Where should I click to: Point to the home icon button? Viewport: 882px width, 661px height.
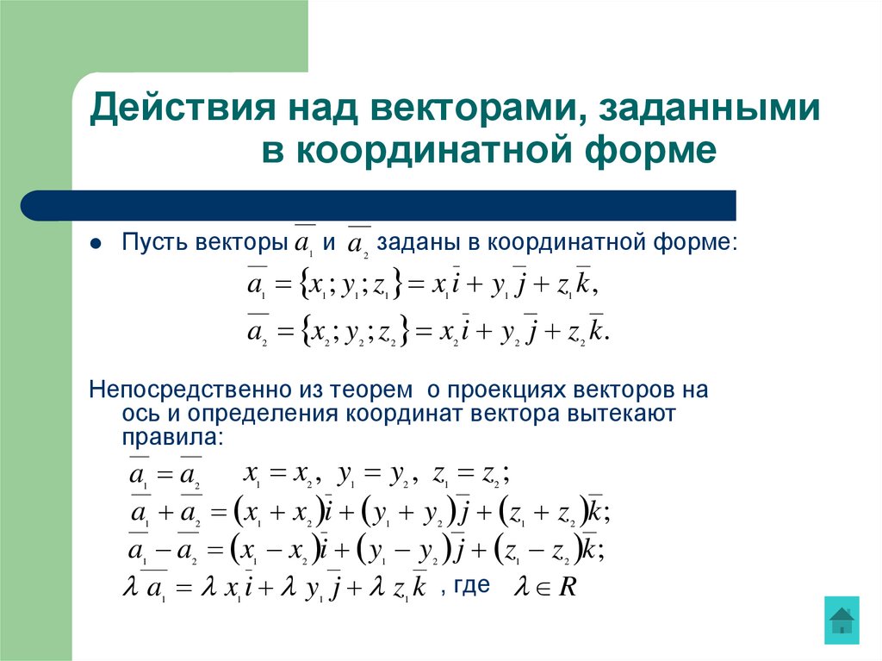coord(841,619)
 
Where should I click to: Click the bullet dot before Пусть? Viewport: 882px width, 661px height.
coord(96,244)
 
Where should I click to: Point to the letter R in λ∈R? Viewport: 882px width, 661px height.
coord(567,589)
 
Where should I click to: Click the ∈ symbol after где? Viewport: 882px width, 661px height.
coord(542,589)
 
